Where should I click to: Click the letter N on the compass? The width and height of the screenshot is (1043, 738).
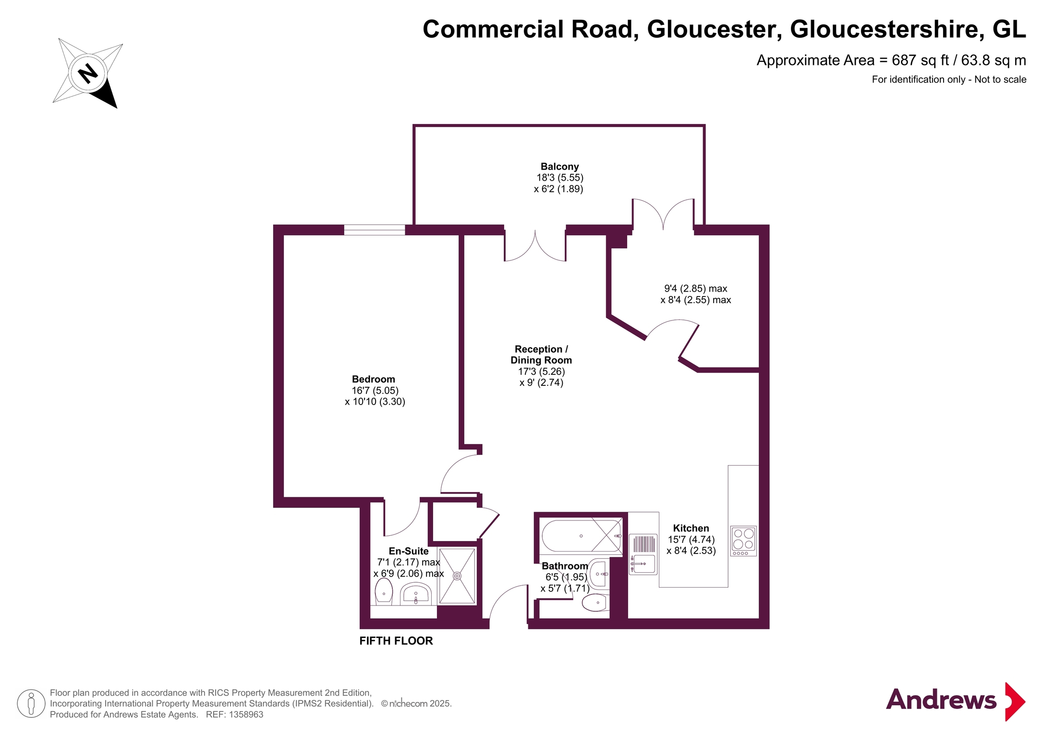pyautogui.click(x=88, y=74)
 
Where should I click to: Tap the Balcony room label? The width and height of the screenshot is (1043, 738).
pyautogui.click(x=559, y=167)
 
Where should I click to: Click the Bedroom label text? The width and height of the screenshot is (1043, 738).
pyautogui.click(x=374, y=379)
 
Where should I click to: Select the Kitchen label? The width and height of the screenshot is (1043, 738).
pyautogui.click(x=691, y=528)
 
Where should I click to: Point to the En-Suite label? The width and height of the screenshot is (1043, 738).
pyautogui.click(x=409, y=551)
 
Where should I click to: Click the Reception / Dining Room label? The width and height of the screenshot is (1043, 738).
pyautogui.click(x=541, y=355)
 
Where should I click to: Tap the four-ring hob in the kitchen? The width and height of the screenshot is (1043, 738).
pyautogui.click(x=743, y=541)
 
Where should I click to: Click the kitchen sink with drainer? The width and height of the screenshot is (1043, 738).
pyautogui.click(x=643, y=554)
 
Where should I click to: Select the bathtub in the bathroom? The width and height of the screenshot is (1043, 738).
pyautogui.click(x=582, y=536)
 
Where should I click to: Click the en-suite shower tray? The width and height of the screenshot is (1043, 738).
pyautogui.click(x=457, y=576)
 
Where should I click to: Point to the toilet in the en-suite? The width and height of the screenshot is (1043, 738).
pyautogui.click(x=384, y=591)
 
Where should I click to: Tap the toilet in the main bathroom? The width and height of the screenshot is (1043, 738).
pyautogui.click(x=595, y=603)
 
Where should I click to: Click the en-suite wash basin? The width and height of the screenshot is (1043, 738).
pyautogui.click(x=416, y=594)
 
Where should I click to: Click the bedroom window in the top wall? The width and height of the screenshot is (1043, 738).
pyautogui.click(x=375, y=230)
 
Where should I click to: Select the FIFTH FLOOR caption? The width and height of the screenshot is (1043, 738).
pyautogui.click(x=396, y=640)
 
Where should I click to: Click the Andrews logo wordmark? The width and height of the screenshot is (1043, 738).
pyautogui.click(x=941, y=700)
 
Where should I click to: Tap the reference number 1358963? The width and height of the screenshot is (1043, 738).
pyautogui.click(x=246, y=714)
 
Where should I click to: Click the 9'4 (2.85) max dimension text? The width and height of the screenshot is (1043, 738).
pyautogui.click(x=695, y=288)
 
